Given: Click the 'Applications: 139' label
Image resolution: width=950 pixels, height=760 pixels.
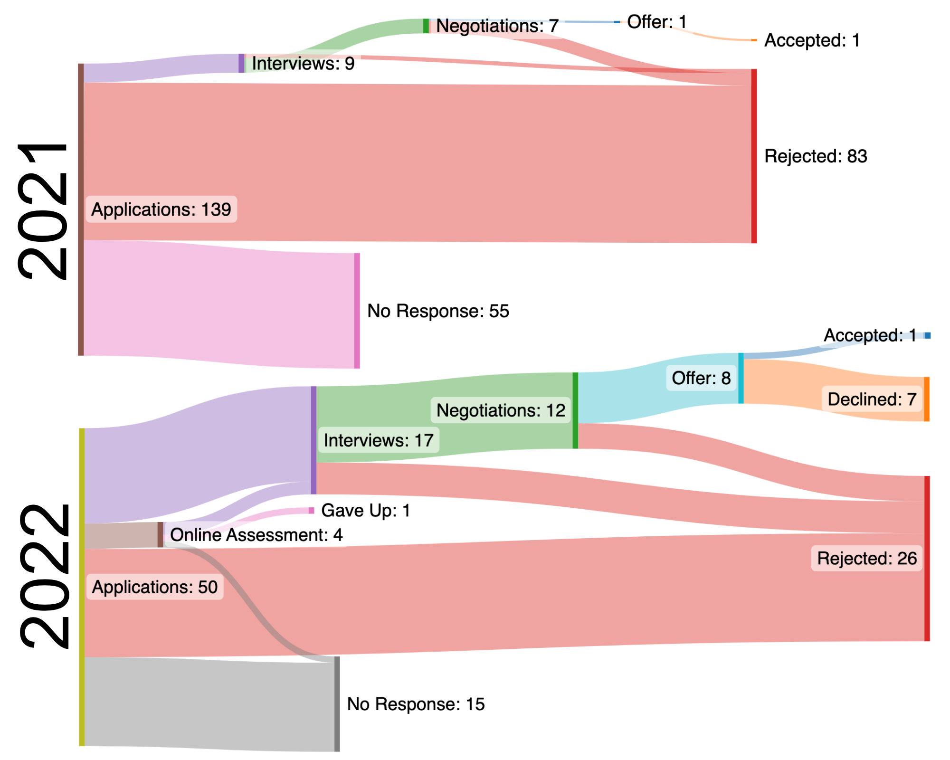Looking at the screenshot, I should tap(161, 209).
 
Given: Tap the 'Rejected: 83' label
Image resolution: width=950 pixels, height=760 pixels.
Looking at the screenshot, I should tap(816, 156).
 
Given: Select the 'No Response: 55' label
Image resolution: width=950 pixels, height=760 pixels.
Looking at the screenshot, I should tap(438, 311).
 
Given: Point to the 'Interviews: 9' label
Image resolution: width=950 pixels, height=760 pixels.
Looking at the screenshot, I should tap(303, 64).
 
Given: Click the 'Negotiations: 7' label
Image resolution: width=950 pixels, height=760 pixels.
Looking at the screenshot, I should tap(497, 26).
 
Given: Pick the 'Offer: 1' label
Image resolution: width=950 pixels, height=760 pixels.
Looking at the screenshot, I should tap(657, 22).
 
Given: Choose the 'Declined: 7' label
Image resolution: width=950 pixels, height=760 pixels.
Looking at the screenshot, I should tap(872, 399).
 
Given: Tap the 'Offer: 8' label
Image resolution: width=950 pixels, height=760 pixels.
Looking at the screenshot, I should tap(701, 378).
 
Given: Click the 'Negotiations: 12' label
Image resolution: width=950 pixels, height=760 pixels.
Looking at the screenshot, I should tap(501, 410).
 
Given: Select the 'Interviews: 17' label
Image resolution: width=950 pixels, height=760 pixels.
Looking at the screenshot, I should tap(379, 440).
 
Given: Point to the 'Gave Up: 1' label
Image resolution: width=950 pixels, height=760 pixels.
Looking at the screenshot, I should tap(366, 511).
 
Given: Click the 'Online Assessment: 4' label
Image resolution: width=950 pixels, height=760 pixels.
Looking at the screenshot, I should tap(256, 535).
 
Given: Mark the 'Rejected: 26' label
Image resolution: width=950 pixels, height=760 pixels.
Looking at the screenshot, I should tap(867, 559).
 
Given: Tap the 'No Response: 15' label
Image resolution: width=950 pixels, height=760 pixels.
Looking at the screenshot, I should tap(416, 704).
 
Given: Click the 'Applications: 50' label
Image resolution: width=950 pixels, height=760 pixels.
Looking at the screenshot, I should tap(155, 587).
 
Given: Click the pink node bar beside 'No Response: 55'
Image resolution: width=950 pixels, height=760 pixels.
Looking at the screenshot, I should tap(357, 311).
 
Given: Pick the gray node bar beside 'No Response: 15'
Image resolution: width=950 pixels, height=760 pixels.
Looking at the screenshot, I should tap(337, 704).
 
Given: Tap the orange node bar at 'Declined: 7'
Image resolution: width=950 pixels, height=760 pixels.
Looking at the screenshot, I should tap(927, 399).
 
